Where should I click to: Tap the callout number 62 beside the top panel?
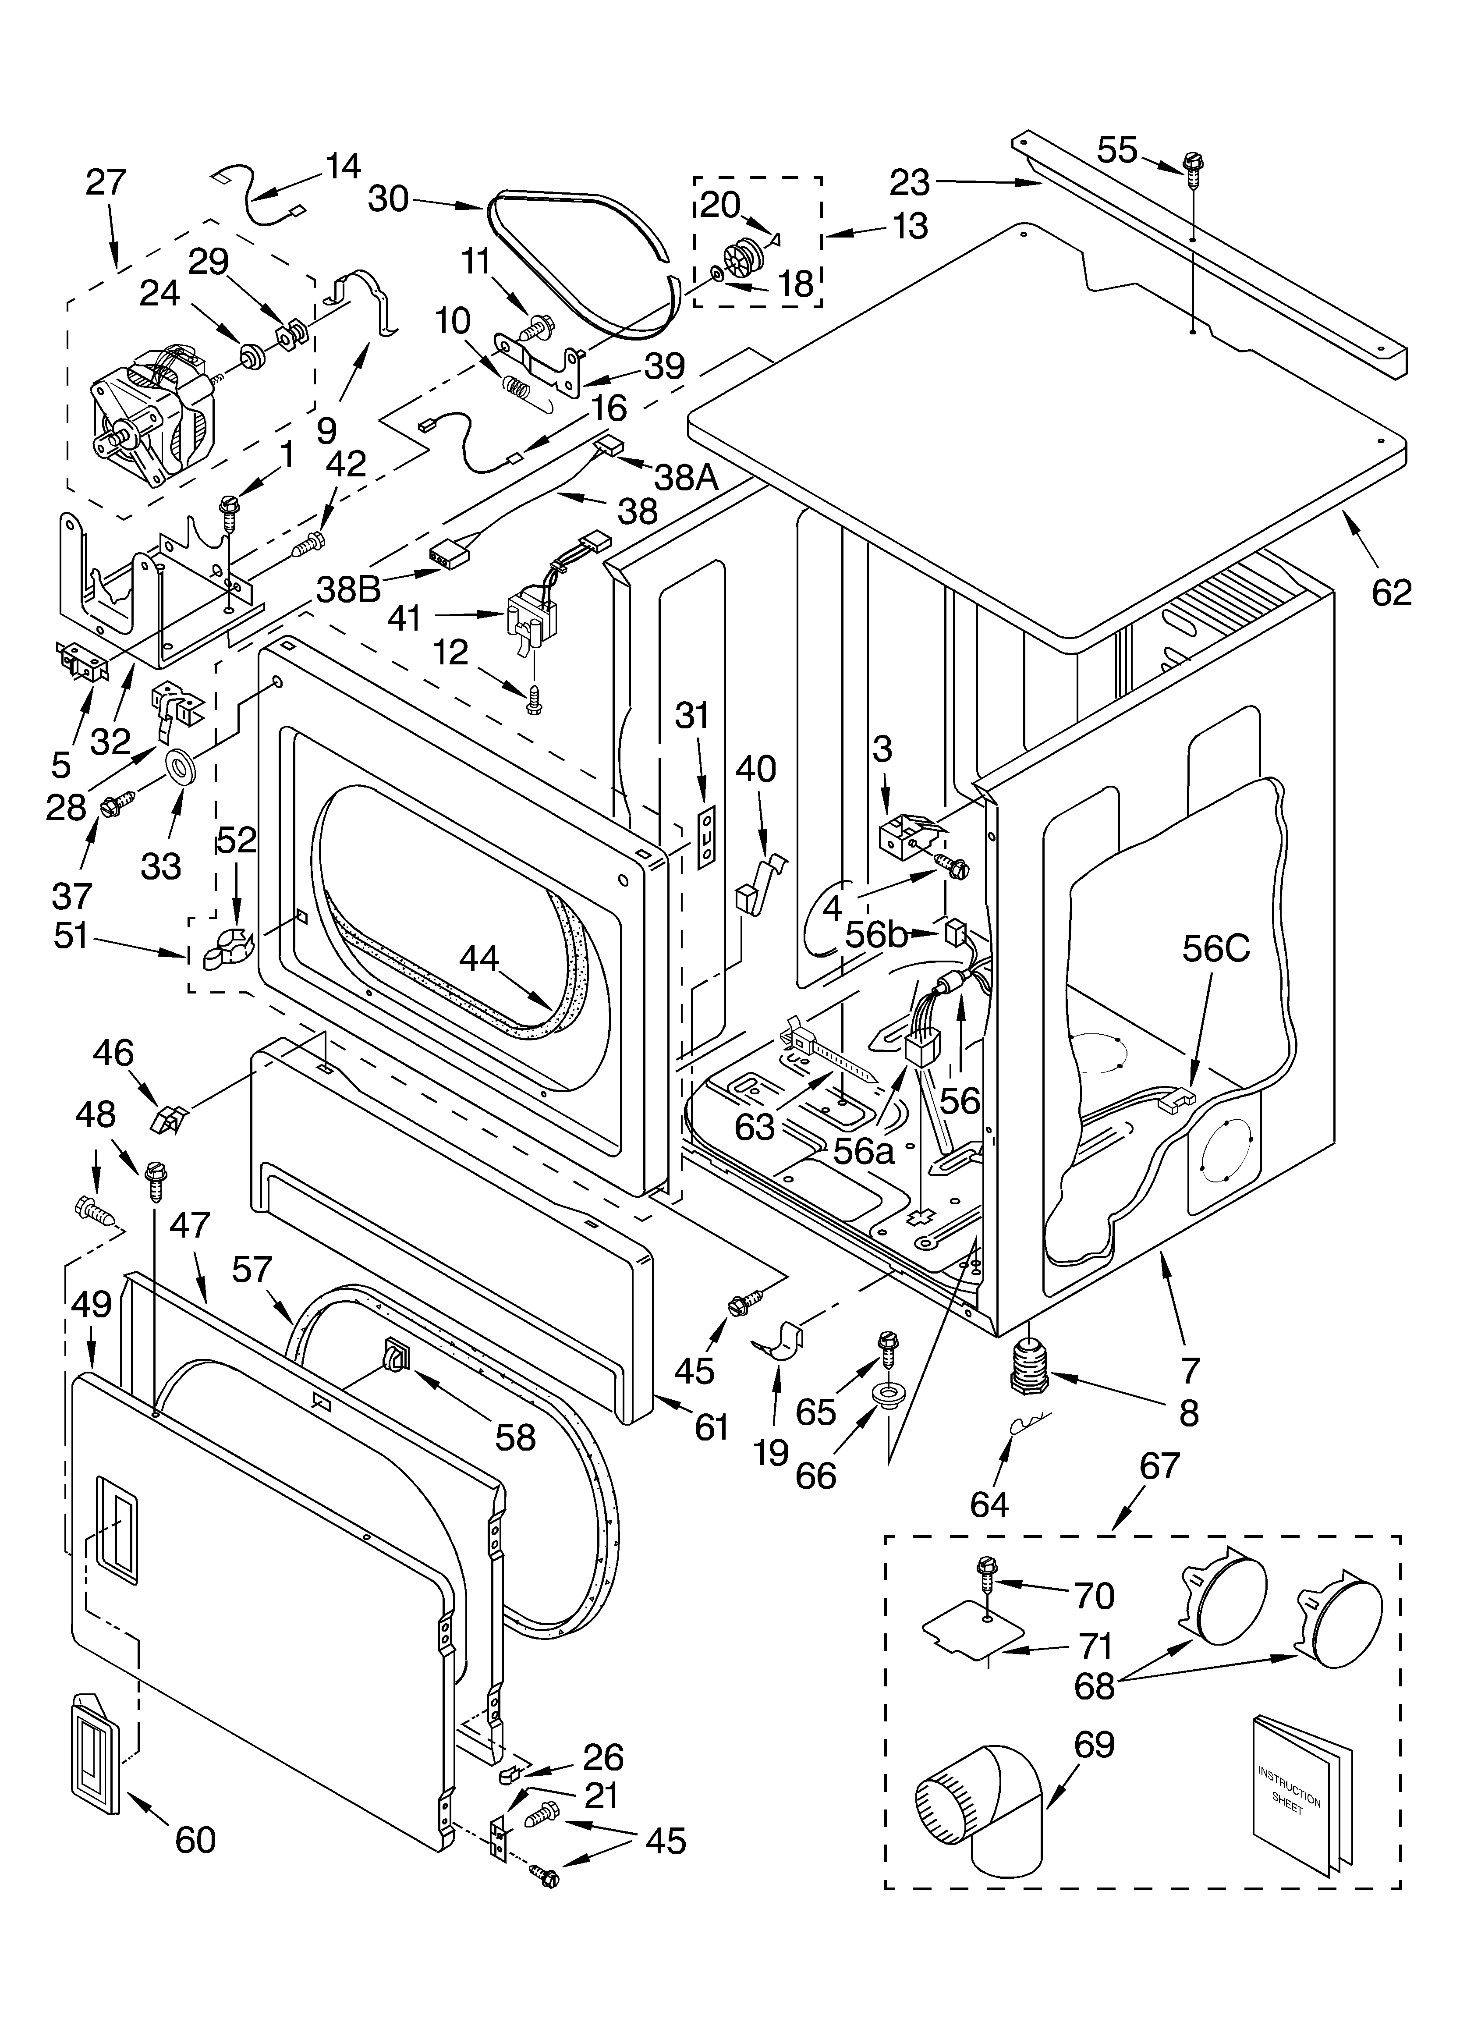coord(1391,592)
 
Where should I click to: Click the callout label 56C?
coord(1216,949)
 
